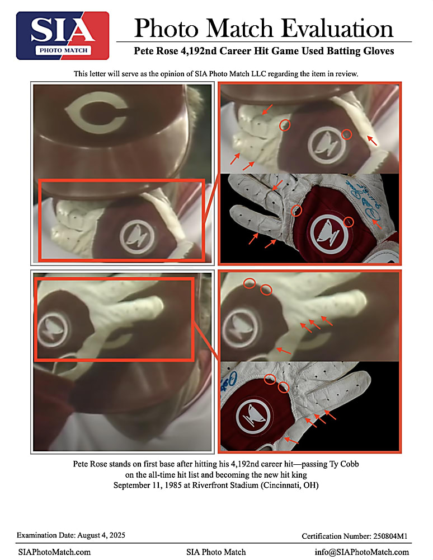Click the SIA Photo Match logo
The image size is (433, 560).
coord(63,35)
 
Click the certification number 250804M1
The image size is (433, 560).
coord(390,536)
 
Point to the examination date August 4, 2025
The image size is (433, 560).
coord(101,535)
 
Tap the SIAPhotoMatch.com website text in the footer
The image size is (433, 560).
coord(54,552)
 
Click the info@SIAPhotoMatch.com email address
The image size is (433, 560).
coord(361,552)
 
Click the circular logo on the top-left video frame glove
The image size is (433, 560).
coord(137,237)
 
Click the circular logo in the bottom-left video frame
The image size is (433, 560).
coord(53,330)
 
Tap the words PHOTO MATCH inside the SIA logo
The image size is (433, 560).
coord(63,50)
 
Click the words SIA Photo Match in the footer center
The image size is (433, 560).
coord(216,552)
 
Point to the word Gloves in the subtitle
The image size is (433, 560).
coord(379,51)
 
